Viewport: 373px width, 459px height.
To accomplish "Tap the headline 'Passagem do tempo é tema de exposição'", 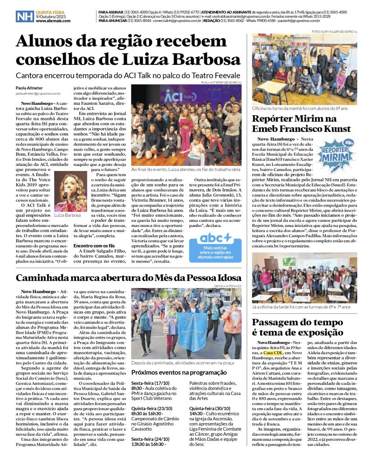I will (x=297, y=327).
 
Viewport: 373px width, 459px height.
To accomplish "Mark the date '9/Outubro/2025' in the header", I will (x=51, y=16).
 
